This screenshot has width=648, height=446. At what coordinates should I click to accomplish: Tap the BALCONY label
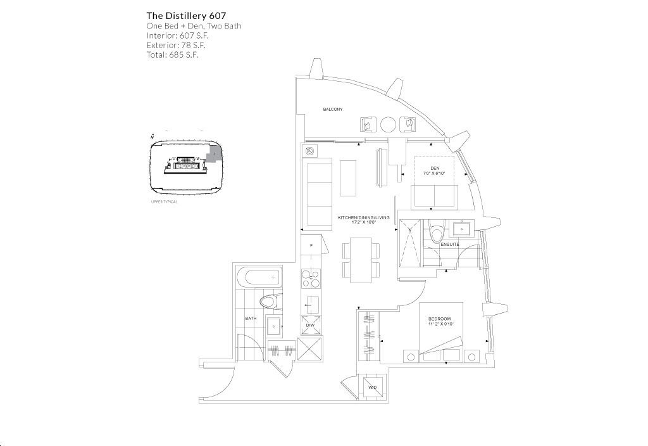[332, 110]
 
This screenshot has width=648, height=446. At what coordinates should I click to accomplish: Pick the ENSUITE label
[450, 244]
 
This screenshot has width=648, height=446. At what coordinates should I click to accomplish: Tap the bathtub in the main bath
[258, 277]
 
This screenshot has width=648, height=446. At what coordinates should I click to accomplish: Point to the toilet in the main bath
[269, 302]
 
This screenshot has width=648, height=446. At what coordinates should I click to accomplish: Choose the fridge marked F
[311, 245]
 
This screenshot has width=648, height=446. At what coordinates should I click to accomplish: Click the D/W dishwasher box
[310, 325]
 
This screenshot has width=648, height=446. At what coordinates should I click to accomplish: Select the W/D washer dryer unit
[373, 387]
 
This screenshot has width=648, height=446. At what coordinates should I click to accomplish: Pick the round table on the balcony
[389, 124]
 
